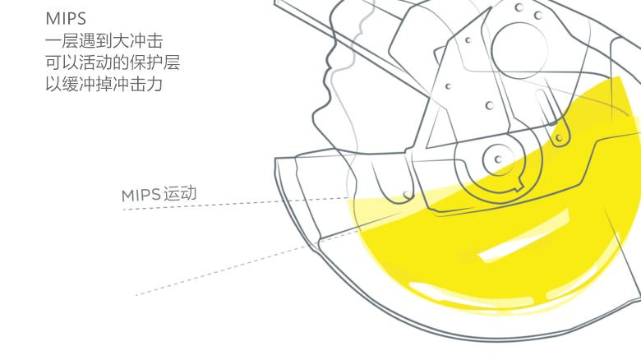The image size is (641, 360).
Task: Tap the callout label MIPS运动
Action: (159, 195)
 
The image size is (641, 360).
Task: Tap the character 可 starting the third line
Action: (54, 62)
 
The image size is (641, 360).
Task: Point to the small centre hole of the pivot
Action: (500, 155)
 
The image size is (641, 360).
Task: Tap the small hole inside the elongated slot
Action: (562, 138)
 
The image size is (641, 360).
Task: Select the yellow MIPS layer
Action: (460, 255)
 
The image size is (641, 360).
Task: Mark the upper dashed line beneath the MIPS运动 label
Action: (238, 203)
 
